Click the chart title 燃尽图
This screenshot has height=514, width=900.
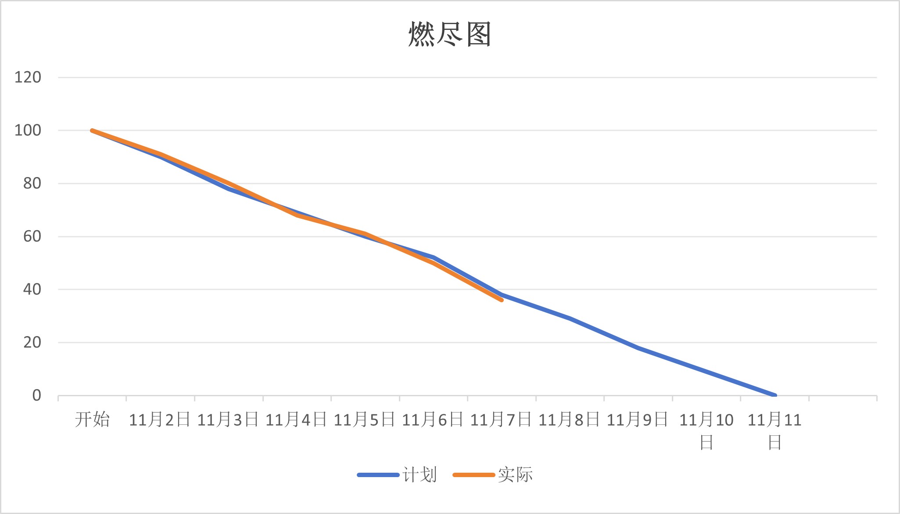coord(449,34)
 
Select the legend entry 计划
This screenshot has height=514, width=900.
coord(420,475)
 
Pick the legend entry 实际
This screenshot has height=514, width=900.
coord(515,475)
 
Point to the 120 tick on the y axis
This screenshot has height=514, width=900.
coord(28,77)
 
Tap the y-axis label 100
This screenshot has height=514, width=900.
coord(28,130)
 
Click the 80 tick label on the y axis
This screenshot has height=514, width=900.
coord(32,183)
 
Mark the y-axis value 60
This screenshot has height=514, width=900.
coord(32,236)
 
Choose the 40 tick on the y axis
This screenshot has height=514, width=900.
coord(32,290)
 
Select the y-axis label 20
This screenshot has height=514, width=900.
coord(32,342)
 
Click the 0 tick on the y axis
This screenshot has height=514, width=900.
coord(36,395)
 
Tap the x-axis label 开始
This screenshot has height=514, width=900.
coord(92,420)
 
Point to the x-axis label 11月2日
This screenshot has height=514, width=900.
coord(160,420)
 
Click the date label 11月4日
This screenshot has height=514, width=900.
coord(296,420)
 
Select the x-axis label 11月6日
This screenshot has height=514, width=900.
coord(433,420)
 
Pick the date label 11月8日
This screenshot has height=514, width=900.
coord(569,420)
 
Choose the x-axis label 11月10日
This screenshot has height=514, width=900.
coord(706,431)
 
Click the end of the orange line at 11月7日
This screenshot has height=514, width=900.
coord(502,300)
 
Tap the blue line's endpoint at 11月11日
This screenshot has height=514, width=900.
coord(775,395)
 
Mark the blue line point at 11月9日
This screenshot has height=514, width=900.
coord(638,347)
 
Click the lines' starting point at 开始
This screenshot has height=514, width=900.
coord(92,130)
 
